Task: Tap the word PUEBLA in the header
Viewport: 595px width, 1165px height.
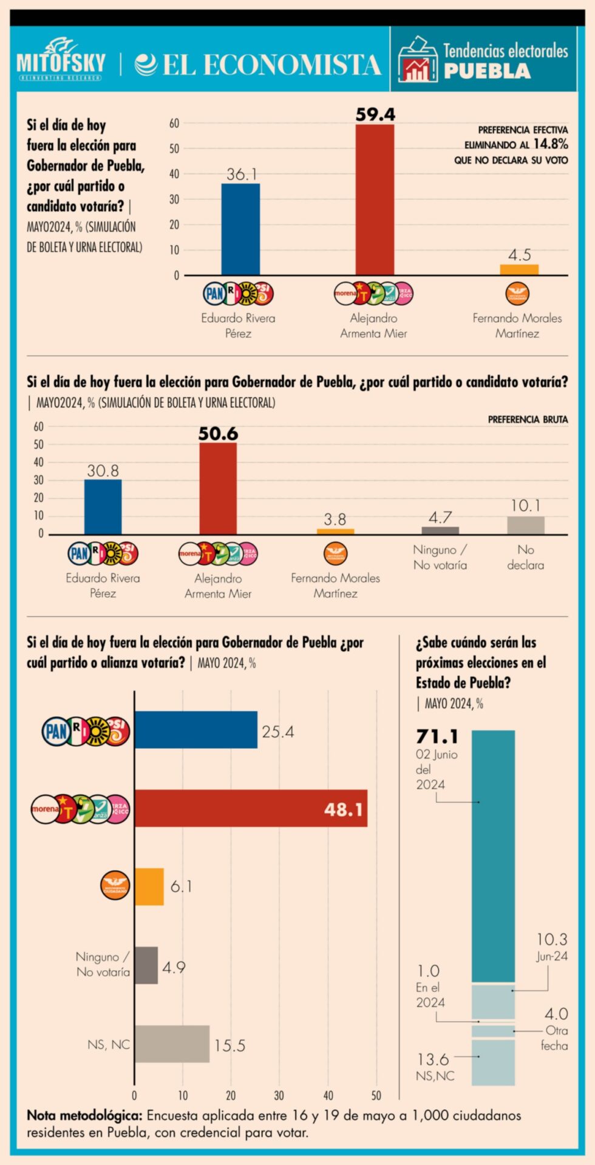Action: click(487, 72)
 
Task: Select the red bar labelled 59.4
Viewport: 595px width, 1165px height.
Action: click(375, 200)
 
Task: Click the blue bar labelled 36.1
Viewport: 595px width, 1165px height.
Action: click(240, 229)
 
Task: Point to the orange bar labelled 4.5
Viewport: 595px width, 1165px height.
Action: click(519, 269)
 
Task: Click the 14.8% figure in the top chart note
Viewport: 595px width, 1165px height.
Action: click(551, 144)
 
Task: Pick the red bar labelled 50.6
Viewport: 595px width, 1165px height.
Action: click(218, 488)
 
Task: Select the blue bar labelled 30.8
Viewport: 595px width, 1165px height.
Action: click(103, 507)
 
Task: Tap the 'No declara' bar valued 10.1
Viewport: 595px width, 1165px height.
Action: click(526, 525)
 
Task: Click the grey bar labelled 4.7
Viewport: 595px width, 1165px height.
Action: click(440, 530)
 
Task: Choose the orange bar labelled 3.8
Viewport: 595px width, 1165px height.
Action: click(335, 532)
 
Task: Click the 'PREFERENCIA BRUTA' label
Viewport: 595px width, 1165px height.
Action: click(528, 419)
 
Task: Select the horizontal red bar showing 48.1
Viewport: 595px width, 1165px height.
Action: click(251, 808)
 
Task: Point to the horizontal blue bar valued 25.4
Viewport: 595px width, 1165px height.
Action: click(195, 730)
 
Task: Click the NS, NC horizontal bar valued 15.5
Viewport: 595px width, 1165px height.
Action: click(172, 1044)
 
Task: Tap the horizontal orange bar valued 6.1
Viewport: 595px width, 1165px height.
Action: click(149, 886)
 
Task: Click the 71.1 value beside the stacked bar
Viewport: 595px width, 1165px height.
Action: click(437, 737)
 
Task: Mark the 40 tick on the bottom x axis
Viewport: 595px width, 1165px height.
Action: click(328, 1095)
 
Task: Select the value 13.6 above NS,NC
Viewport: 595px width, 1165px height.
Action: click(432, 1059)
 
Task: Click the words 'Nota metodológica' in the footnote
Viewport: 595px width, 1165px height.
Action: click(84, 1115)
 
